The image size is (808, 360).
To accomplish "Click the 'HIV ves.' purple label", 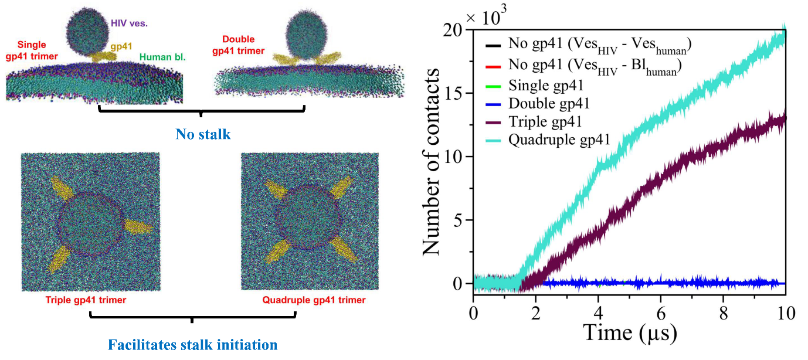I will click(129, 23).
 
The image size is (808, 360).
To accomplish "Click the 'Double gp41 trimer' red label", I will click(239, 45).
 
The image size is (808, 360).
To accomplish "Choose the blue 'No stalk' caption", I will click(203, 135).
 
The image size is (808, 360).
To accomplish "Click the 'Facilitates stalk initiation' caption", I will click(192, 344).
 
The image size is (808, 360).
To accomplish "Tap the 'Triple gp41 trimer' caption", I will click(86, 300).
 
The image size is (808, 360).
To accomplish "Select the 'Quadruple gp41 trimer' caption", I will click(314, 300).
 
